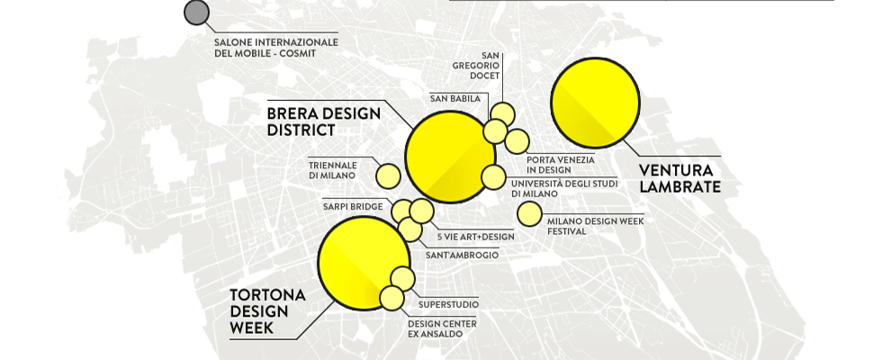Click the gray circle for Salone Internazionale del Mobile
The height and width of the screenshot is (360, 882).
pyautogui.click(x=196, y=13)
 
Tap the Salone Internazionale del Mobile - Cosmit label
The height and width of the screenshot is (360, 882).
pyautogui.click(x=275, y=48)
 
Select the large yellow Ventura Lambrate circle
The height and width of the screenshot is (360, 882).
pyautogui.click(x=595, y=103)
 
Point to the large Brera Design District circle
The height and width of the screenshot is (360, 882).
pyautogui.click(x=450, y=157)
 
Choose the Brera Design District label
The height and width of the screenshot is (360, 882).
pyautogui.click(x=323, y=121)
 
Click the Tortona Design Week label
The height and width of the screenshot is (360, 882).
pyautogui.click(x=267, y=312)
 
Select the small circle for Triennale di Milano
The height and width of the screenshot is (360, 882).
pyautogui.click(x=388, y=175)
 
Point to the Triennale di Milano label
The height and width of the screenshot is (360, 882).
pyautogui.click(x=334, y=170)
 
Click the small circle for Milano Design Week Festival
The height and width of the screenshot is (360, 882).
pyautogui.click(x=529, y=214)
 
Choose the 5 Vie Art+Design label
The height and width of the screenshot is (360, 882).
pyautogui.click(x=475, y=237)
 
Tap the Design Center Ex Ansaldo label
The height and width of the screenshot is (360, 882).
pyautogui.click(x=442, y=328)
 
